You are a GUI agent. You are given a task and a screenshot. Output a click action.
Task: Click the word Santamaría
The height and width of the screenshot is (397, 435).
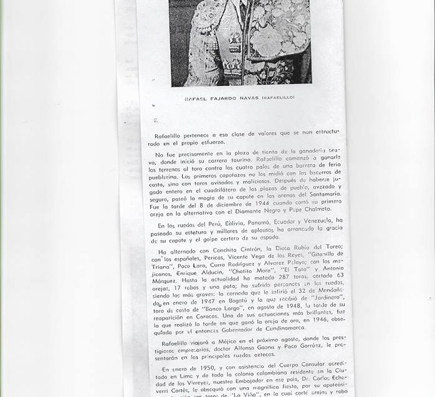tap(322, 194)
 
